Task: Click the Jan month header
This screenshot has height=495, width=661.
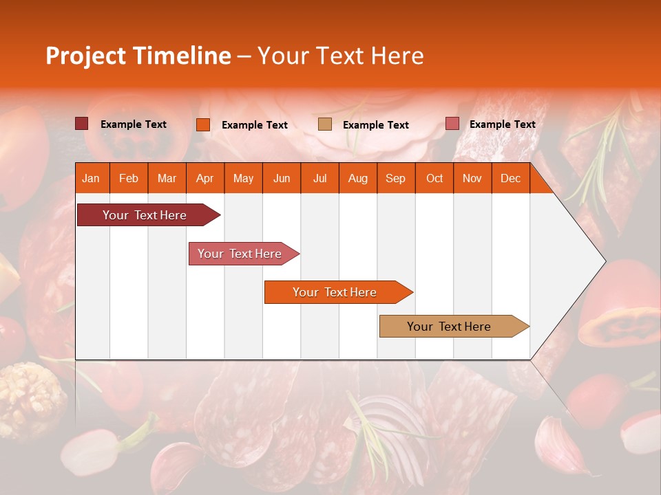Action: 91,178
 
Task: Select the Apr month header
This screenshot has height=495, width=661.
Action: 204,178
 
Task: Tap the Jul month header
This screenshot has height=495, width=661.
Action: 319,178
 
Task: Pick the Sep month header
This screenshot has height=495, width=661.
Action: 395,178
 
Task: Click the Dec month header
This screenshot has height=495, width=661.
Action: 510,178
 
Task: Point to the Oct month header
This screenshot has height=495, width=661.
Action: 434,178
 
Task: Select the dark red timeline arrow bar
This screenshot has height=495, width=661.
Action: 145,215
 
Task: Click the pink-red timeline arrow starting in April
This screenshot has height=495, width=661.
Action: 240,254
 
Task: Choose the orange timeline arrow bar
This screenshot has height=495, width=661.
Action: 335,292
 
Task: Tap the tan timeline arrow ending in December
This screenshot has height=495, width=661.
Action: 450,327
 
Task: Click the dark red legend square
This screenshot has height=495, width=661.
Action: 81,124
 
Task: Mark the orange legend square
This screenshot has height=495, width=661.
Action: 202,124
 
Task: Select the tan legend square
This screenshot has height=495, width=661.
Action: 325,124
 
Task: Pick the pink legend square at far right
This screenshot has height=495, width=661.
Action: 452,124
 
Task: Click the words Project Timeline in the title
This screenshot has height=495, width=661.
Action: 138,56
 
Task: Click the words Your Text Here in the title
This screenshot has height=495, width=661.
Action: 340,56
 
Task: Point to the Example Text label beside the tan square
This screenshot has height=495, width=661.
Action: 376,125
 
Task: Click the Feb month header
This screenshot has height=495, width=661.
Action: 128,178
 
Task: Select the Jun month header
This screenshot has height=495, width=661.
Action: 281,178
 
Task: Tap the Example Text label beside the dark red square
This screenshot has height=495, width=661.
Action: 134,124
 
